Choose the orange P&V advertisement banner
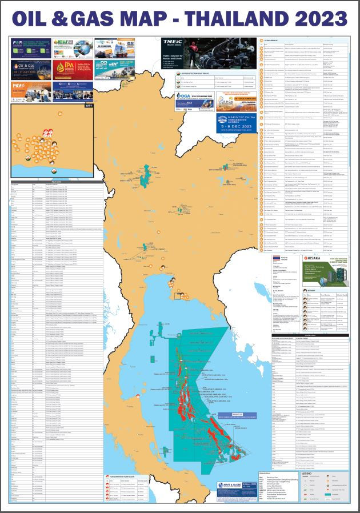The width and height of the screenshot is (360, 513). pos(29,87)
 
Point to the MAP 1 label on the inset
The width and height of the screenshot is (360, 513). pos(88,106)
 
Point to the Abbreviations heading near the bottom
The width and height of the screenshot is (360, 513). pos(269,474)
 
